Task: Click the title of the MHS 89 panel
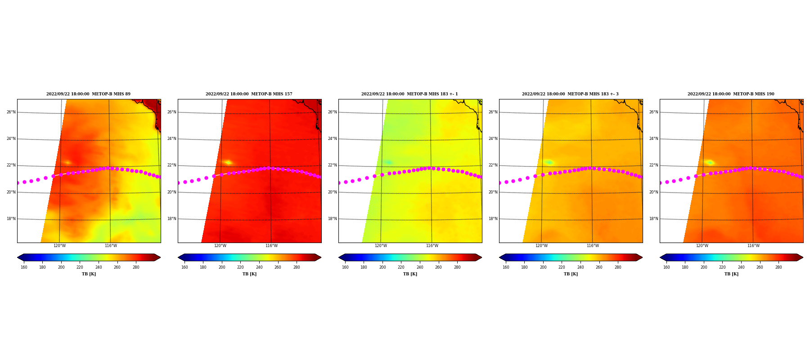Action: point(88,94)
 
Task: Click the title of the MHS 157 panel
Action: point(249,94)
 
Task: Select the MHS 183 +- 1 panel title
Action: point(409,94)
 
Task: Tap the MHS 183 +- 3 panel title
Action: point(570,94)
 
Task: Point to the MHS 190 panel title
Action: point(731,94)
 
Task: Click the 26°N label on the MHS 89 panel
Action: point(11,112)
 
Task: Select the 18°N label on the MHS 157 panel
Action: point(172,219)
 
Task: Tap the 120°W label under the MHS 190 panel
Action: point(702,246)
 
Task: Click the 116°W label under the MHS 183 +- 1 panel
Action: point(432,246)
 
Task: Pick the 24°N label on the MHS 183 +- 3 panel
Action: point(493,139)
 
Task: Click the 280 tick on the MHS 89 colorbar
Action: point(136,267)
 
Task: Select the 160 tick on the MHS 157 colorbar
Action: point(184,267)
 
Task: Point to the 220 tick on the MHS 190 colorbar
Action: point(722,267)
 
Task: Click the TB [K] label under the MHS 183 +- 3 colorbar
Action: point(571,274)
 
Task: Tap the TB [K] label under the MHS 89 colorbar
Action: point(89,274)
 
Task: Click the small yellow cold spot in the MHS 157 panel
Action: point(228,162)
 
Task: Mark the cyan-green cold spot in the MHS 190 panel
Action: point(710,162)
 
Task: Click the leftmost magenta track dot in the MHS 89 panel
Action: point(18,183)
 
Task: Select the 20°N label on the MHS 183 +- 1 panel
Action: point(333,192)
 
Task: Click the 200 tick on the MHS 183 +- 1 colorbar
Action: point(382,267)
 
